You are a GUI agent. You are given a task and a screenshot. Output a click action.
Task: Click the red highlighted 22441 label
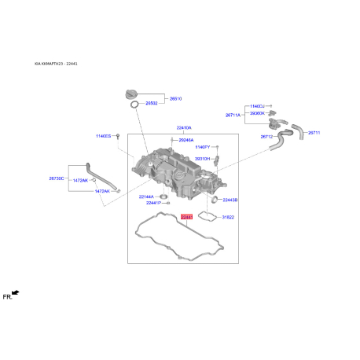click(186, 216)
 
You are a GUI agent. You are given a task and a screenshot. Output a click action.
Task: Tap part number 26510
click(175, 98)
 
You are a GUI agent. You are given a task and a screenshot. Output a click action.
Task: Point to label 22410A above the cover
click(183, 127)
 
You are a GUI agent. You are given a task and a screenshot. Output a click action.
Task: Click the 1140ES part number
click(104, 136)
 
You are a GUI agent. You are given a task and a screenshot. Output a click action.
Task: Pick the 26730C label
click(56, 179)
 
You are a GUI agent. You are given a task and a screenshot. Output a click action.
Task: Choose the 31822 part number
click(228, 216)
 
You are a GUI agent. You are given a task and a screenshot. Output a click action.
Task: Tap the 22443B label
click(230, 200)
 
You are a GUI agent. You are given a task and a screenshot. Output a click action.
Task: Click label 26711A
click(233, 115)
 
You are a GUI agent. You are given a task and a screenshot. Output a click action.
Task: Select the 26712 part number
click(266, 137)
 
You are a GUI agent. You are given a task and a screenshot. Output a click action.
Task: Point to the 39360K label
click(257, 112)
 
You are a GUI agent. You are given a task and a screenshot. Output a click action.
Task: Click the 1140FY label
click(203, 147)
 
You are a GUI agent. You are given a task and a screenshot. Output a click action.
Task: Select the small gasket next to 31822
click(208, 215)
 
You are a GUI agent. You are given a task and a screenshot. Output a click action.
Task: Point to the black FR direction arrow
click(15, 293)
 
